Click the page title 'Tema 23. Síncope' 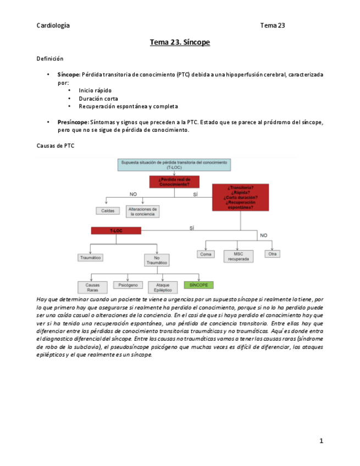tap(180, 42)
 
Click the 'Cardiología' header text tap(53, 25)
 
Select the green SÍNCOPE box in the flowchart tap(199, 285)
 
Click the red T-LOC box tap(116, 231)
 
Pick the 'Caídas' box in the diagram tap(108, 210)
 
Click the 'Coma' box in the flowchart tap(206, 254)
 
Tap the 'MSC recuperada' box tap(237, 256)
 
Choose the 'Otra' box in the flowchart tap(272, 254)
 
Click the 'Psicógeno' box tap(128, 285)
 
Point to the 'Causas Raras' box tap(92, 287)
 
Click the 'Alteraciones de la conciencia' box tap(142, 212)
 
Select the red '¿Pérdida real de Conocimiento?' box tap(174, 181)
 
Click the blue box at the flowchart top tap(174, 165)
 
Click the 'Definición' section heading tap(50, 58)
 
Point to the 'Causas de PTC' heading tap(55, 147)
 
